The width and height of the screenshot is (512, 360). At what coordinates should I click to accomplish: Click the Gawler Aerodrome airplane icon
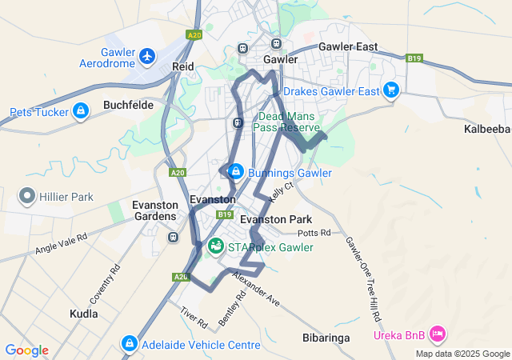[146, 56]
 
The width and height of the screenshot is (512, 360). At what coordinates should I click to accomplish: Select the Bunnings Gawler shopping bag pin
[236, 171]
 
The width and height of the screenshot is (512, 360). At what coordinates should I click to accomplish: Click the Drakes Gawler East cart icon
[390, 90]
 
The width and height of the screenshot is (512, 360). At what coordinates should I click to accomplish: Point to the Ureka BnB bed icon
[437, 332]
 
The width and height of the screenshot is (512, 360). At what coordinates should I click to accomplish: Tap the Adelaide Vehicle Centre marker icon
[129, 344]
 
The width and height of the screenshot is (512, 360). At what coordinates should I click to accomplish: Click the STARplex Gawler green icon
[216, 246]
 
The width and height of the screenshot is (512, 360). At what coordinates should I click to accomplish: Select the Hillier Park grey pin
[26, 195]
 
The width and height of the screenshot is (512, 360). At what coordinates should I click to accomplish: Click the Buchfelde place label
[128, 105]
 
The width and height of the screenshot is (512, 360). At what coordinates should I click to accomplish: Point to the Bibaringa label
[326, 338]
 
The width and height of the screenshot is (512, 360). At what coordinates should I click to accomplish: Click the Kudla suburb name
[84, 314]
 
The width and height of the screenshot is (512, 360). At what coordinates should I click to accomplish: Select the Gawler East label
[348, 47]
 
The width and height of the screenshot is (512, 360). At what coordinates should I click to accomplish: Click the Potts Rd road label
[313, 233]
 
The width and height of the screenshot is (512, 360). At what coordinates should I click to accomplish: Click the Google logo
[26, 350]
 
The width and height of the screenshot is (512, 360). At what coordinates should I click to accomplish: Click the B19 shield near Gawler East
[414, 58]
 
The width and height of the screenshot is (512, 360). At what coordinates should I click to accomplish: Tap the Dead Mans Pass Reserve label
[289, 122]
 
